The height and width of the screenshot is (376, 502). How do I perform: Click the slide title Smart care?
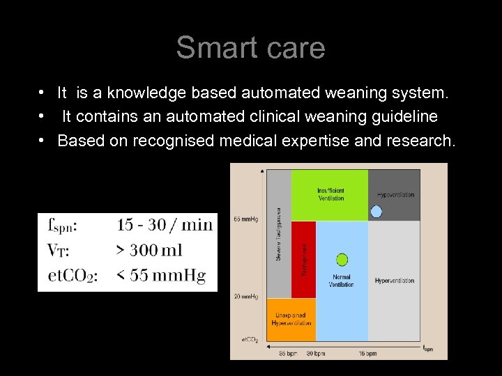(x=250, y=48)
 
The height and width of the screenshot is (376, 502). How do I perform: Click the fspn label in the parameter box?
(x=63, y=224)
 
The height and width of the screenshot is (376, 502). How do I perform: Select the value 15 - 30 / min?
(x=164, y=224)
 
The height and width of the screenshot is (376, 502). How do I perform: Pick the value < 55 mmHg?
(x=161, y=276)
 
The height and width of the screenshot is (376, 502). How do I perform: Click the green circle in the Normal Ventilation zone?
(x=342, y=260)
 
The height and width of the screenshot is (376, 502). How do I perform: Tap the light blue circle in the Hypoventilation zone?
(x=376, y=211)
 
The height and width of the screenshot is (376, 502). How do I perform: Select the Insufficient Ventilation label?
(x=330, y=194)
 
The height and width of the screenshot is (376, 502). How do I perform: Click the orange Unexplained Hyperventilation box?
(x=292, y=320)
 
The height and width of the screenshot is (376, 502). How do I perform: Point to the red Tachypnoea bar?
(x=303, y=259)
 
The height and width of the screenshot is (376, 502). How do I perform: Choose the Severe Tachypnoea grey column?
(x=280, y=233)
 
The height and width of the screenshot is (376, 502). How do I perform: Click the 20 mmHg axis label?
(x=246, y=297)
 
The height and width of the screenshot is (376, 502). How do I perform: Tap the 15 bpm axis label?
(x=367, y=354)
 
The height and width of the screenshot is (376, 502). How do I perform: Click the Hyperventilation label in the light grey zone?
(x=395, y=281)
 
